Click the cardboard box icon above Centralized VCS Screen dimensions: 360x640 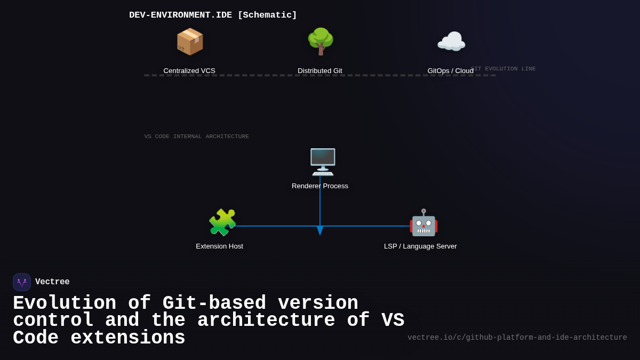coord(189,42)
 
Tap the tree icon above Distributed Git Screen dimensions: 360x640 coord(320,42)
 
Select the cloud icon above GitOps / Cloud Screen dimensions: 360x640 coord(451,42)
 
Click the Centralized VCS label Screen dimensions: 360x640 coord(189,71)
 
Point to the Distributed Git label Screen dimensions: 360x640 coord(320,71)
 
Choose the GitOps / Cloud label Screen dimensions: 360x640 coord(450,71)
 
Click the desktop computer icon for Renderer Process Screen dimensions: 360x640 coord(322,162)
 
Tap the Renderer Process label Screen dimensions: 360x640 coord(320,186)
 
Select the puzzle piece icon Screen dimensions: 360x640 coord(222,222)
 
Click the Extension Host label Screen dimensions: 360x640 coord(219,246)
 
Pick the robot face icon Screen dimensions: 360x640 coord(423,222)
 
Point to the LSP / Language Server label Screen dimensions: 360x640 coord(420,246)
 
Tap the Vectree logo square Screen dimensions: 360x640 coord(22,282)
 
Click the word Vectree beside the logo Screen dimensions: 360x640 coord(52,282)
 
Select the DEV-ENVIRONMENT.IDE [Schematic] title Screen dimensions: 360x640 coord(213,15)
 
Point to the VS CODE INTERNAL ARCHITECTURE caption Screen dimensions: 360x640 coord(196,137)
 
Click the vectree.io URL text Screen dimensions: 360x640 coord(517,338)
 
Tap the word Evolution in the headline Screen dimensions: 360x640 coord(65,303)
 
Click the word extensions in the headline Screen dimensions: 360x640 coord(128,338)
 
